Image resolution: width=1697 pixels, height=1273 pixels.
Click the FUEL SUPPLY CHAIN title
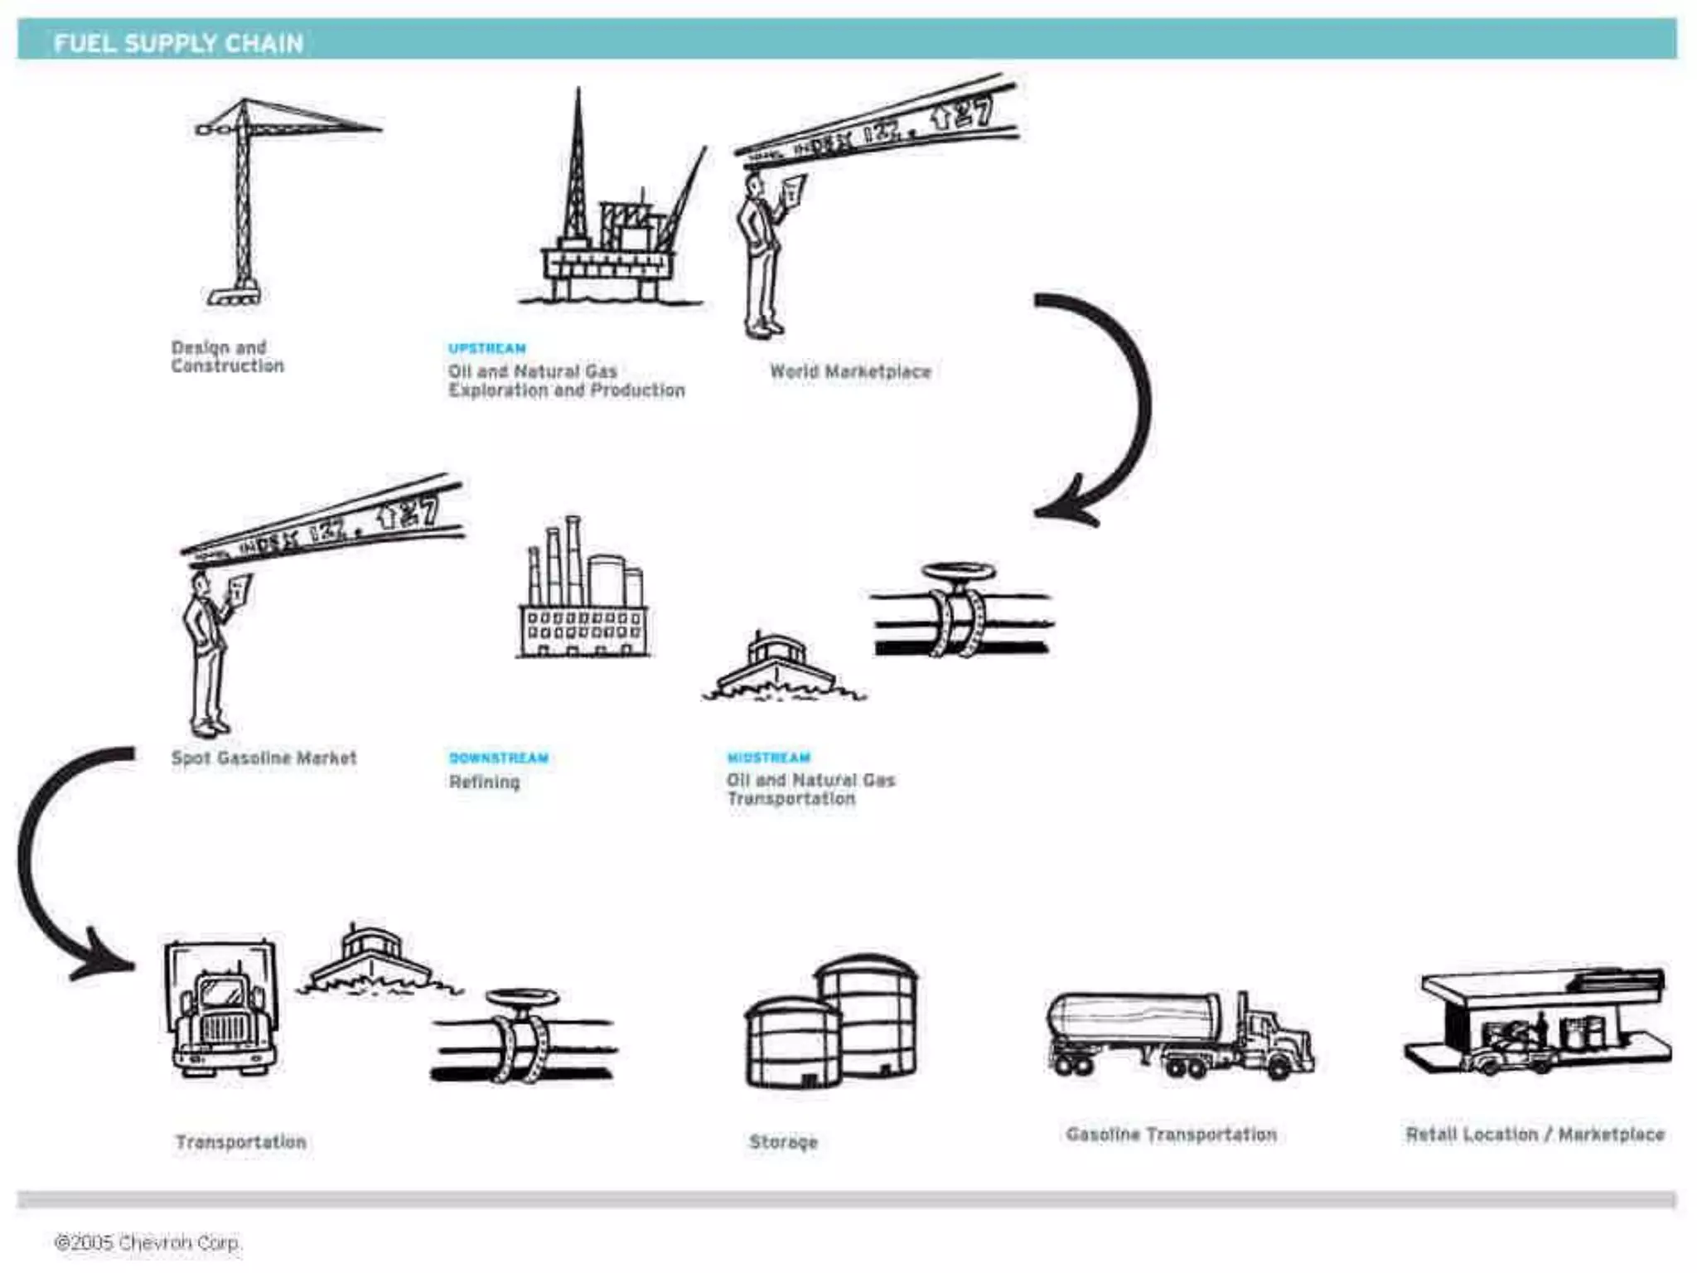pos(178,43)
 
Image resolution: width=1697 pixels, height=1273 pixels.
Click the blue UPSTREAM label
pos(487,348)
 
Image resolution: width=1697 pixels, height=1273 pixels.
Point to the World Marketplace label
pos(850,371)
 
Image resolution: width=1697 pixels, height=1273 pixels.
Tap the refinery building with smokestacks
pos(583,597)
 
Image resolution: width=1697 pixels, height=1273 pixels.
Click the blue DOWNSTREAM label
pos(499,758)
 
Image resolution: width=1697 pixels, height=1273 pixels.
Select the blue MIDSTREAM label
pos(769,758)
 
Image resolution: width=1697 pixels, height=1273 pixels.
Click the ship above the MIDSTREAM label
pos(779,667)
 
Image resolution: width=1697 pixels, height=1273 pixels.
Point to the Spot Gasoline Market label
pos(263,758)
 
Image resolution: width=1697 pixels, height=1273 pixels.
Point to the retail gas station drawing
pos(1537,1024)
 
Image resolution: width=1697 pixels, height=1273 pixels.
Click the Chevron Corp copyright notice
pos(147,1242)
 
